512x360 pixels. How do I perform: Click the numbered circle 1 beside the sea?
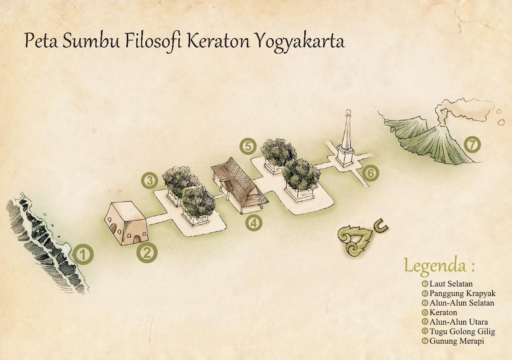tap(83, 255)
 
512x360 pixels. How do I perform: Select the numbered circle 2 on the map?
tap(147, 253)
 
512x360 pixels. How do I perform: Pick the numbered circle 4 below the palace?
tap(253, 223)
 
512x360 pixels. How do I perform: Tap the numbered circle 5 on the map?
tap(248, 146)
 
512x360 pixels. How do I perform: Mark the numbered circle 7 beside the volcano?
tap(472, 145)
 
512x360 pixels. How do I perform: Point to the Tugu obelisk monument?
tap(346, 139)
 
